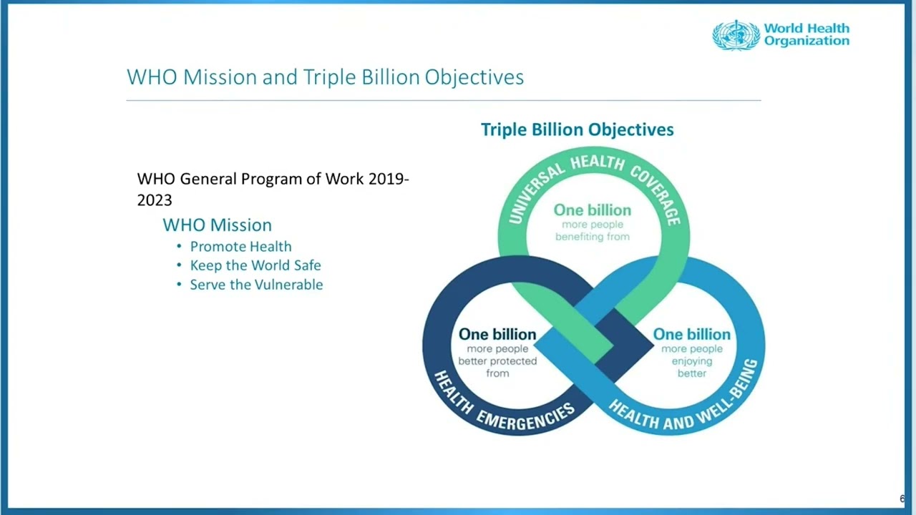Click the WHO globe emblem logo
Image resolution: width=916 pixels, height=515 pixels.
[x=736, y=35]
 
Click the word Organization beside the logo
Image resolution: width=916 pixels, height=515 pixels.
[x=807, y=41]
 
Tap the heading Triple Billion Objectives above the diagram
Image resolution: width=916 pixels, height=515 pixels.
[x=577, y=129]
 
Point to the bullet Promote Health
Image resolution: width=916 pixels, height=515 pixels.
[x=241, y=247]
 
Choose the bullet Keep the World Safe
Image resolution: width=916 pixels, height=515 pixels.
[x=255, y=265]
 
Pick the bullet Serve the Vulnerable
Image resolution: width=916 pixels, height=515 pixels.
[x=256, y=285]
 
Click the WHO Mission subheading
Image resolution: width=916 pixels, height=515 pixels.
[x=217, y=225]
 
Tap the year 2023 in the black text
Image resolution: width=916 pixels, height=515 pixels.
[x=155, y=200]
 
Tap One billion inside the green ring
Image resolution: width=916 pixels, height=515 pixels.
[x=593, y=210]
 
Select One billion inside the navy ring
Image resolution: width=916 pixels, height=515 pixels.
[x=497, y=334]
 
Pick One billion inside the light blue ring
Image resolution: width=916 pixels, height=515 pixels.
[x=692, y=334]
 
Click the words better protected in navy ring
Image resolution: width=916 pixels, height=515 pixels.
[x=497, y=361]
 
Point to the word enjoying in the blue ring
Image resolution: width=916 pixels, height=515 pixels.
[x=692, y=362]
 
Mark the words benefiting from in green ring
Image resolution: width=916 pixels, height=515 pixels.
[x=593, y=237]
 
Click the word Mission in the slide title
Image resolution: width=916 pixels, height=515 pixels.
[x=220, y=77]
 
